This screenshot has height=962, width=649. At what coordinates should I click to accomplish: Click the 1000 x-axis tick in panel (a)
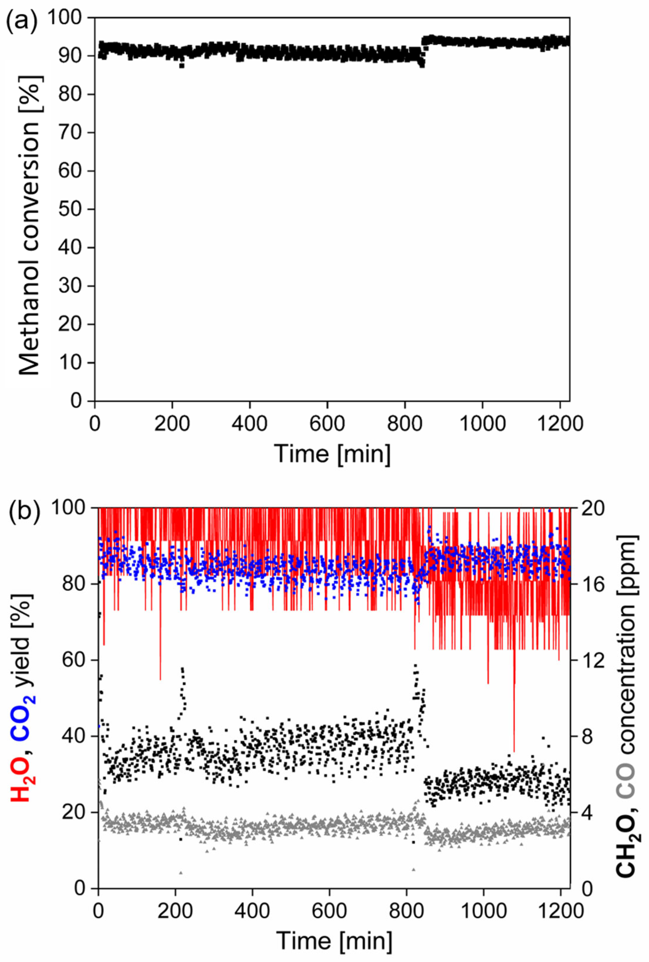[482, 423]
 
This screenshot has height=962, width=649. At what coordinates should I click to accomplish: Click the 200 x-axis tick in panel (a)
[172, 423]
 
